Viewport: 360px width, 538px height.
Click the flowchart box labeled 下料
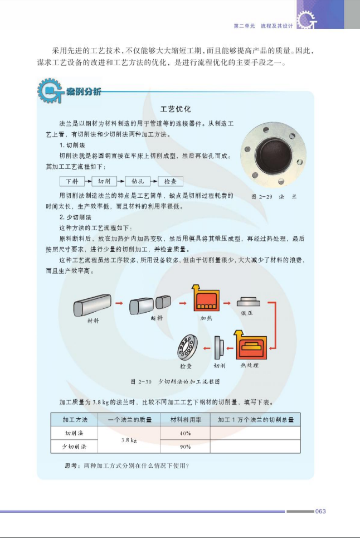click(x=72, y=181)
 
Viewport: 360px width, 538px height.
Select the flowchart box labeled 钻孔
click(x=138, y=181)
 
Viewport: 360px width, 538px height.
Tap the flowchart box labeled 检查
click(x=171, y=181)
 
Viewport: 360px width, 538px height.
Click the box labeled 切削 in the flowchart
click(x=105, y=181)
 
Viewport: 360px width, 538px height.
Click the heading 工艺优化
click(x=176, y=109)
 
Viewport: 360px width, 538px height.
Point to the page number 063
click(x=320, y=511)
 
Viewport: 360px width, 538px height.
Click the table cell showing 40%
click(x=185, y=433)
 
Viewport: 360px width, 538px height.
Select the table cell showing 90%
click(x=185, y=447)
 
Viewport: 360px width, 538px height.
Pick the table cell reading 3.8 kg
click(x=129, y=440)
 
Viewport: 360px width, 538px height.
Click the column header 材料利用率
click(x=186, y=420)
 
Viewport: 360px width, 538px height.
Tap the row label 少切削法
click(x=75, y=447)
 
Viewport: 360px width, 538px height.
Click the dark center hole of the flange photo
click(x=273, y=156)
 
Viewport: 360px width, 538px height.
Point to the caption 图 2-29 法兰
click(x=274, y=197)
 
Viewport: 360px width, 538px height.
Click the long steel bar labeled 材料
click(x=92, y=305)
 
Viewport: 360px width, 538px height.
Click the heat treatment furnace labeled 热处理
click(x=250, y=345)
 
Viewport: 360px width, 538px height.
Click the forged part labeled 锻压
click(x=248, y=302)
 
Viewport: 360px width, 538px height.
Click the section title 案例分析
click(x=84, y=91)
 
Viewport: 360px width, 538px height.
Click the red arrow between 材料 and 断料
click(x=119, y=303)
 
